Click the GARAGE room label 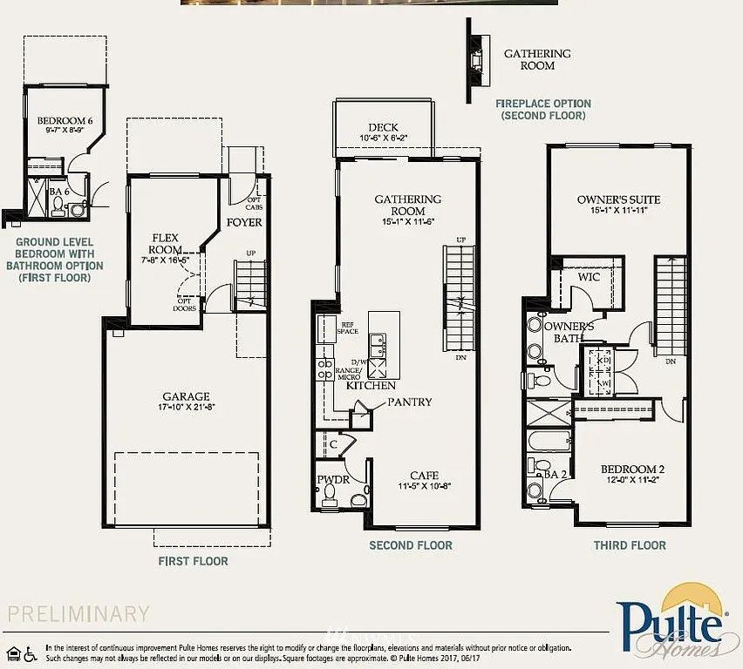[186, 396]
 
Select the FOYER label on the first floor [244, 222]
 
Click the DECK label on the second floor [383, 127]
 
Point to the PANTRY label [410, 402]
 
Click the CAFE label [424, 475]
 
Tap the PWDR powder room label [331, 480]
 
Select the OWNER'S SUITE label [618, 199]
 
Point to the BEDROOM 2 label [632, 470]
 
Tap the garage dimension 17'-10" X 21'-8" [186, 408]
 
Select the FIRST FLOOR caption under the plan [193, 561]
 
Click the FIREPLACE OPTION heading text [543, 104]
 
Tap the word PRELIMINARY [79, 613]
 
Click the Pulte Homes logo [671, 620]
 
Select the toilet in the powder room [330, 497]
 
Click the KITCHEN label [371, 385]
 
